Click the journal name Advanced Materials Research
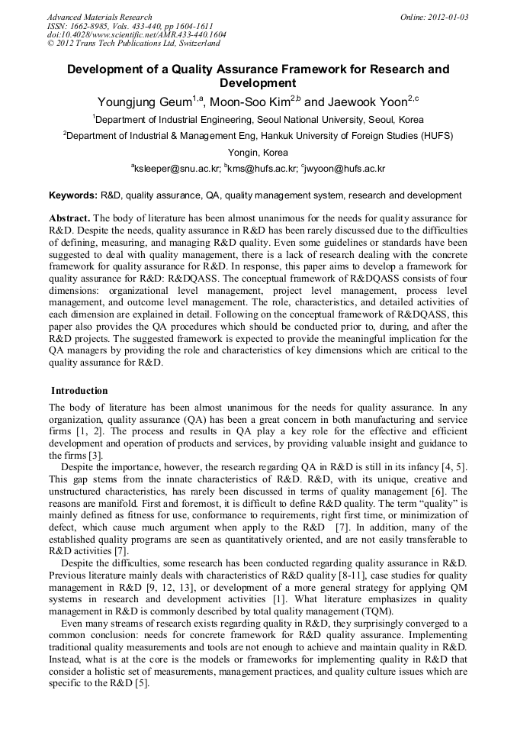pyautogui.click(x=100, y=17)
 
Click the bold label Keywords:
pyautogui.click(x=72, y=196)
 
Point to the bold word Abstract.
pyautogui.click(x=69, y=218)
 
